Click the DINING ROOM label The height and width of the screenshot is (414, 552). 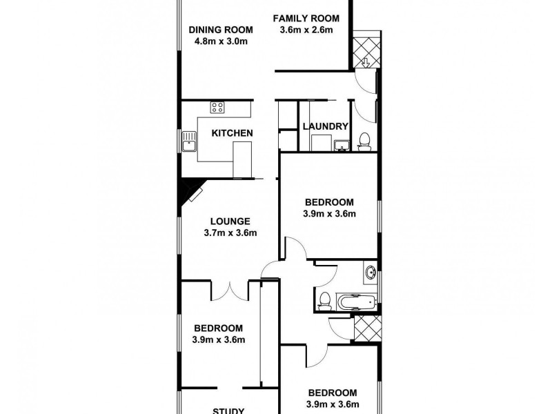pyautogui.click(x=221, y=30)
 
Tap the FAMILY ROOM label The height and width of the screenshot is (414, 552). pyautogui.click(x=306, y=18)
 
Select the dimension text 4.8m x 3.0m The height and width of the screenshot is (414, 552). pyautogui.click(x=221, y=41)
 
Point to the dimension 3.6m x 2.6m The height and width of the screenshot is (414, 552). pyautogui.click(x=306, y=30)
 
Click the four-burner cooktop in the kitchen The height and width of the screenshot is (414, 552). pyautogui.click(x=218, y=107)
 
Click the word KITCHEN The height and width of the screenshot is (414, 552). pyautogui.click(x=231, y=133)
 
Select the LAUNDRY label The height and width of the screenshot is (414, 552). pyautogui.click(x=325, y=126)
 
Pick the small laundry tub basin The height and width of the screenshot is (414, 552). pyautogui.click(x=342, y=146)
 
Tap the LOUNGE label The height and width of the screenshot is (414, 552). pyautogui.click(x=230, y=221)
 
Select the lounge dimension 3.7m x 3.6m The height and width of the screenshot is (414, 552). pyautogui.click(x=230, y=233)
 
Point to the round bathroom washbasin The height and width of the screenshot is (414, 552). pyautogui.click(x=371, y=273)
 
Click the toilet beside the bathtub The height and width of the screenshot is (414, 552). pyautogui.click(x=324, y=300)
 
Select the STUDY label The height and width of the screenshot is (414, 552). pyautogui.click(x=228, y=410)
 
